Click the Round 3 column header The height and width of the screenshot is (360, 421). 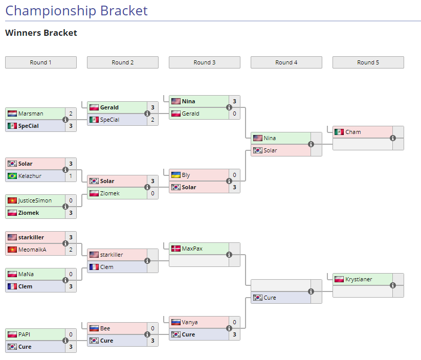click(204, 62)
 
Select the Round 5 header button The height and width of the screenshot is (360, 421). click(368, 62)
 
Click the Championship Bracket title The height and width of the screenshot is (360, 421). click(76, 11)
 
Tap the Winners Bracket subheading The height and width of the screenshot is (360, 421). click(41, 33)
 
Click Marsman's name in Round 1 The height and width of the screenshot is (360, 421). click(31, 114)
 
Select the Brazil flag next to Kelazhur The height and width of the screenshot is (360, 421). click(12, 176)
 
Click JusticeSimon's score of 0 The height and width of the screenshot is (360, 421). click(71, 200)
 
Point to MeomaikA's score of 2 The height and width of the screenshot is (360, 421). click(71, 250)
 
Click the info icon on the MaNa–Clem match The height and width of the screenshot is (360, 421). click(65, 280)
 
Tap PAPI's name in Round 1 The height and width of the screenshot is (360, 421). click(25, 334)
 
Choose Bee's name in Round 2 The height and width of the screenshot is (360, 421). click(105, 328)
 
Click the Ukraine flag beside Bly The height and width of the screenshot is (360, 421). click(176, 175)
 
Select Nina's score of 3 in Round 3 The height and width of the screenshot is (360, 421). click(234, 101)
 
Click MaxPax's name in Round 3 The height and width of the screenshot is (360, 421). click(192, 249)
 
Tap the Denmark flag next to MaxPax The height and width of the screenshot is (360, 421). click(176, 249)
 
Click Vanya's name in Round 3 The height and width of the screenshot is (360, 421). click(190, 322)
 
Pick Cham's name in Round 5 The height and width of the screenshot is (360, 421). click(353, 132)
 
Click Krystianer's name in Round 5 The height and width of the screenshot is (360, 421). click(359, 279)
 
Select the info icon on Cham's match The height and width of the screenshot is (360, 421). click(393, 138)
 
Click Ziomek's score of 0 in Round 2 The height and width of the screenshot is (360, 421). click(152, 193)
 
